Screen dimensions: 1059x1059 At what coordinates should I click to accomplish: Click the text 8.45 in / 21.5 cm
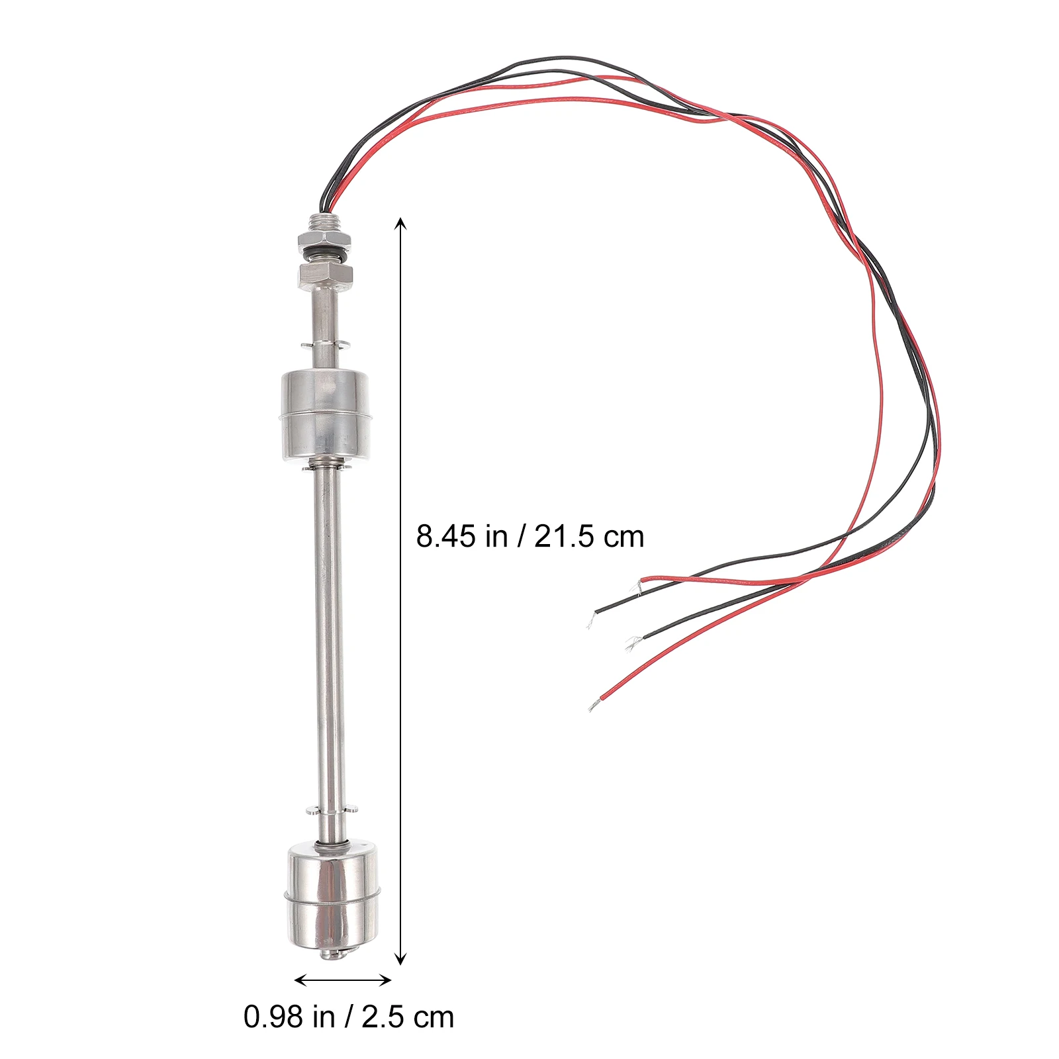click(529, 536)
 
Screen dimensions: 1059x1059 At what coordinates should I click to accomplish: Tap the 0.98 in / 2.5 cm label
click(349, 1017)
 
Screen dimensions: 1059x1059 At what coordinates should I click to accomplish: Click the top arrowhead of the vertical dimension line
click(400, 223)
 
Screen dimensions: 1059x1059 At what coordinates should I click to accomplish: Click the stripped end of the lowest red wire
click(593, 706)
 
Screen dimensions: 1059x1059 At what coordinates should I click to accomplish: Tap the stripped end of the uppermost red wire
click(639, 586)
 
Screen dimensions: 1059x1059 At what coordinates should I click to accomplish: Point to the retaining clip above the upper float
click(324, 344)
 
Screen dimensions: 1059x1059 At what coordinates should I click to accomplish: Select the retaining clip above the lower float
click(330, 809)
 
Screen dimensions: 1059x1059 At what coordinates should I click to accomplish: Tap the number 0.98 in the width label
click(267, 1017)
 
